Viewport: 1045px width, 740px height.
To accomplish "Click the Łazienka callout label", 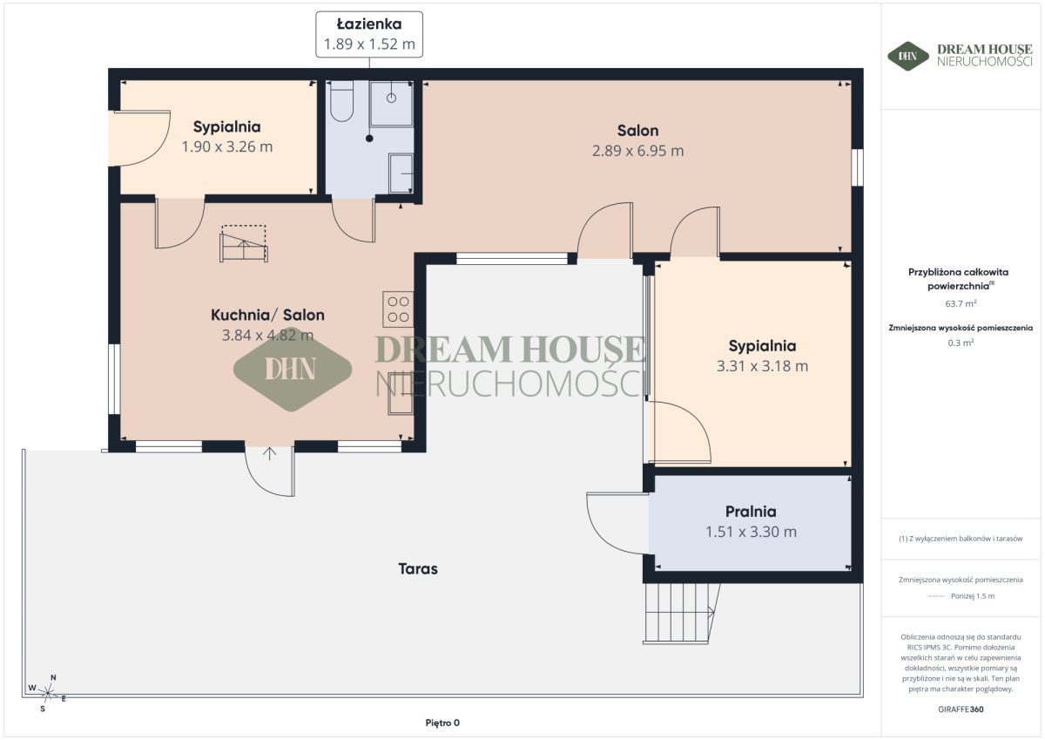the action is click(369, 35).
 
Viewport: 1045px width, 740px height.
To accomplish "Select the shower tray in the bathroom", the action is click(391, 103).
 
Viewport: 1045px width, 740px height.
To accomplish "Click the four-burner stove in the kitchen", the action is click(398, 309).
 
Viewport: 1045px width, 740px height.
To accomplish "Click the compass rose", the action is click(48, 692).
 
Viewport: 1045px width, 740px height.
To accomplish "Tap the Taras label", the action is click(418, 568).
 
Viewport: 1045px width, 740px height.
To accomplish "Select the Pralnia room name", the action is click(751, 512).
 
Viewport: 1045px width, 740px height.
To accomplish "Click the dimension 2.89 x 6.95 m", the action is click(637, 151).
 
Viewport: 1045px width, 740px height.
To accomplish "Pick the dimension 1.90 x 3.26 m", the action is click(227, 146).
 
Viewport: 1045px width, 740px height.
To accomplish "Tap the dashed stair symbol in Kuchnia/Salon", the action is click(244, 243).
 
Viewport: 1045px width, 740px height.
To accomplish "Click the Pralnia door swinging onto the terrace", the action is click(617, 523).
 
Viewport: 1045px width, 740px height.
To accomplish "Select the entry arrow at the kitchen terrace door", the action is click(269, 454).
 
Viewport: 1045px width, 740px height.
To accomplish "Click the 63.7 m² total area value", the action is click(961, 303).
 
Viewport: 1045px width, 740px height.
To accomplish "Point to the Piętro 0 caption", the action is click(442, 723).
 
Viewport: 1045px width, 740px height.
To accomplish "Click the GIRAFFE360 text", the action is click(961, 709).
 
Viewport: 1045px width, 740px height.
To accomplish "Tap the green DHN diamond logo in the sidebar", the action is click(908, 57).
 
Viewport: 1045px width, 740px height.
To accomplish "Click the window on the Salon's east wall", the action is click(857, 167).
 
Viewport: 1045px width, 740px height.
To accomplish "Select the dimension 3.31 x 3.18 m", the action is click(762, 366).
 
